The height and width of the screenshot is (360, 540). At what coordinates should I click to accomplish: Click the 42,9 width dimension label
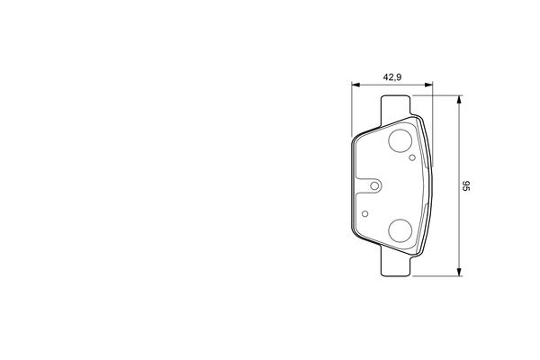[392, 77]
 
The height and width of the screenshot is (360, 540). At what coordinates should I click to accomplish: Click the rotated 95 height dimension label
[466, 185]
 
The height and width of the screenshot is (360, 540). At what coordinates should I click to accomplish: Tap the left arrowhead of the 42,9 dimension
[355, 85]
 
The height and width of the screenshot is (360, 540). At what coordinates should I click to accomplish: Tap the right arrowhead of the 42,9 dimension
[428, 85]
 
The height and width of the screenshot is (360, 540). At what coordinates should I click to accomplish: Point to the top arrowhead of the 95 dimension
[459, 99]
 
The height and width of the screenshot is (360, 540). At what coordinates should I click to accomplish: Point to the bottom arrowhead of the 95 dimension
[459, 272]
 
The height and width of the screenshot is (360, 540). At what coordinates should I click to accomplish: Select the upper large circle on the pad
[400, 141]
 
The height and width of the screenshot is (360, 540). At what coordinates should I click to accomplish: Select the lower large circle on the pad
[400, 230]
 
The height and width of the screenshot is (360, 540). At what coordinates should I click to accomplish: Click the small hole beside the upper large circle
[412, 157]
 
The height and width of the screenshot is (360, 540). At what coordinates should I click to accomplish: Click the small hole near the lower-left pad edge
[365, 214]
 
